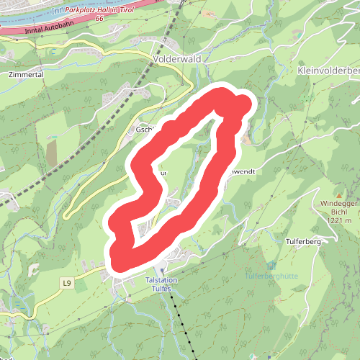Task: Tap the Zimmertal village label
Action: (x=27, y=74)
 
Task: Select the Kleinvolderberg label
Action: (x=328, y=71)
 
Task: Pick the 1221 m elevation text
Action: (x=338, y=220)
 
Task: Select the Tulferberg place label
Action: (x=302, y=242)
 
